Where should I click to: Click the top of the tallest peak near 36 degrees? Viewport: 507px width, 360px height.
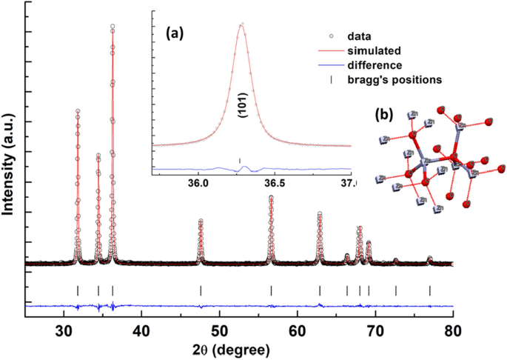coord(113,26)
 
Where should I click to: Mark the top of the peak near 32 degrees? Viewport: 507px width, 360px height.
coord(77,110)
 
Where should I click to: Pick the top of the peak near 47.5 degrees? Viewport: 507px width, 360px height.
coord(201,221)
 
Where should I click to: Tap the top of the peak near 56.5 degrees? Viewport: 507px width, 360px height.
coord(271,197)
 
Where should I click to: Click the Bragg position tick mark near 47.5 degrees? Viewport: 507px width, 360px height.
coord(201,290)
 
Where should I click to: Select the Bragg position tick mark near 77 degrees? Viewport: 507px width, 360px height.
coord(429,290)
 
